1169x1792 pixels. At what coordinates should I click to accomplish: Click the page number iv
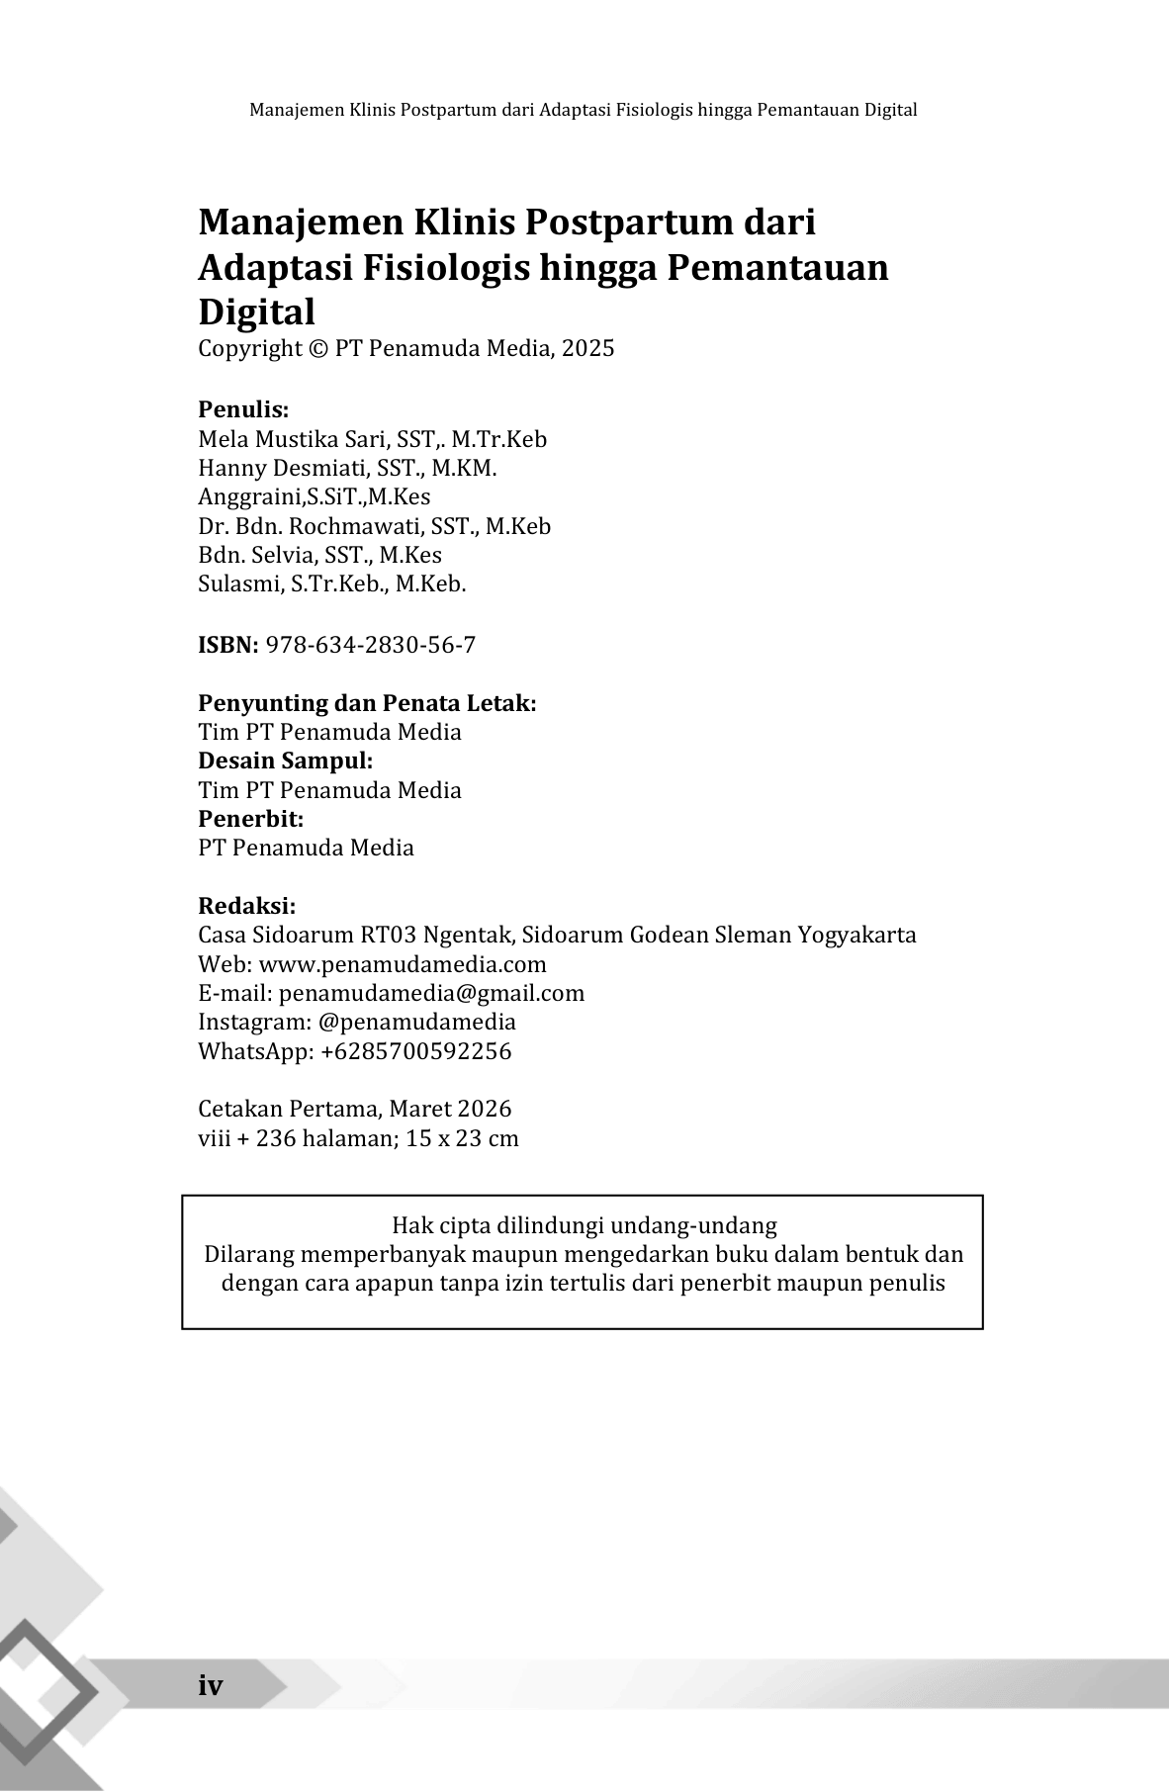211,1685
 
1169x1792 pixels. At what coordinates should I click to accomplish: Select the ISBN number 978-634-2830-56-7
371,645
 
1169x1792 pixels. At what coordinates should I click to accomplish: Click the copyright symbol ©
317,348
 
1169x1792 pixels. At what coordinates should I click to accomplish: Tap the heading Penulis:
243,409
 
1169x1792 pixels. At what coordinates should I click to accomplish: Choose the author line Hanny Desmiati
347,468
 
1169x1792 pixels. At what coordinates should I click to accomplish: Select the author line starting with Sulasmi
331,583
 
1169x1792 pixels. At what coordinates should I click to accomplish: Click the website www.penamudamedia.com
403,964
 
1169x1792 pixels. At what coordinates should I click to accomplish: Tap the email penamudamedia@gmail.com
431,993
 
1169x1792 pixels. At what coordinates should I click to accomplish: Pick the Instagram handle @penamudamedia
417,1022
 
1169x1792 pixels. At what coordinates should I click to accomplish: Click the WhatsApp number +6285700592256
416,1050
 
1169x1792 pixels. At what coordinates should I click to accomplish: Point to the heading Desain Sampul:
286,761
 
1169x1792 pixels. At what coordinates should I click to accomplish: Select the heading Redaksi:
247,906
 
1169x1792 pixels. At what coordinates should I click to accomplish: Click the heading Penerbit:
251,819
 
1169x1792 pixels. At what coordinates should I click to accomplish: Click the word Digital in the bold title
257,312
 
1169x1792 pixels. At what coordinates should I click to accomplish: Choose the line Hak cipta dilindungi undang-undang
584,1226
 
